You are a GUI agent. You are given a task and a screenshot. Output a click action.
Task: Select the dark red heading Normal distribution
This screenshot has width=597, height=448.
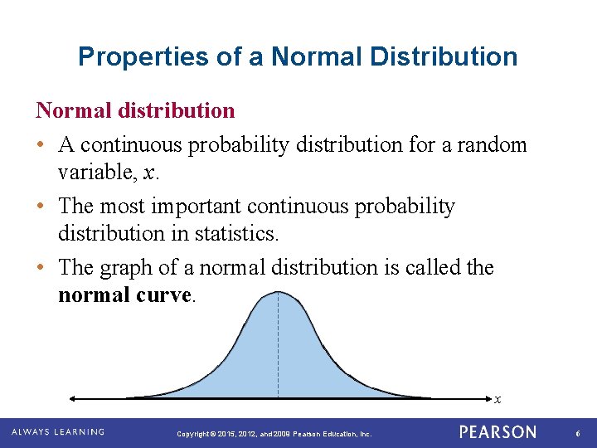click(x=135, y=110)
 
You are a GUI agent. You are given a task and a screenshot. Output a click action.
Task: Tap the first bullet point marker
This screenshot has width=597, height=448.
click(x=41, y=145)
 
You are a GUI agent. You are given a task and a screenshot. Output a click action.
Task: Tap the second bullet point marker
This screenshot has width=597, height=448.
click(x=41, y=207)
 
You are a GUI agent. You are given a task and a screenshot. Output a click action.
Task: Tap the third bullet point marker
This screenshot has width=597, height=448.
click(x=41, y=268)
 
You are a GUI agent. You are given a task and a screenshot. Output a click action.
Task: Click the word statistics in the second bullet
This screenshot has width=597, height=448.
click(x=235, y=234)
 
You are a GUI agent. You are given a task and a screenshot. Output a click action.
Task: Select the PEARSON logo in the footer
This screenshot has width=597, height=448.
click(x=498, y=432)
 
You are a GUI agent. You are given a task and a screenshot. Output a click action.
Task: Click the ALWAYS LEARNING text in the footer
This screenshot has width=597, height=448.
click(x=58, y=432)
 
